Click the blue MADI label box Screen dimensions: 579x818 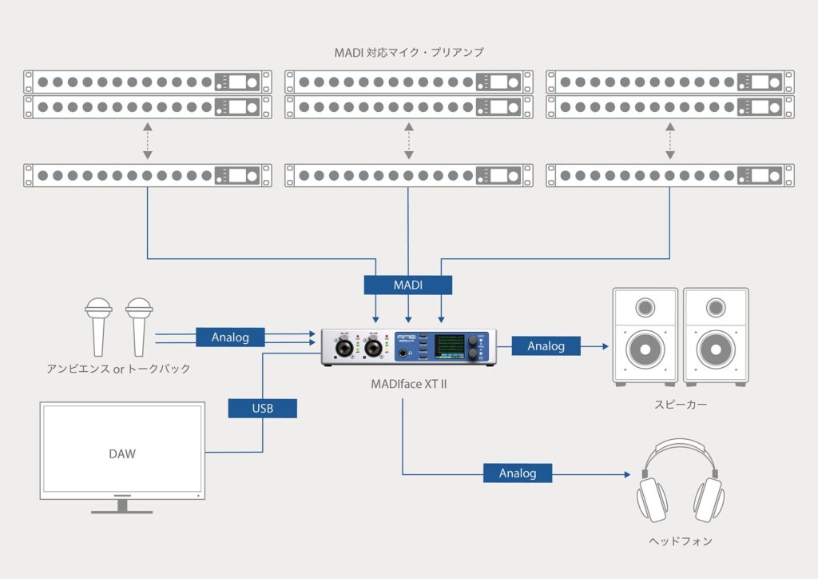(x=408, y=285)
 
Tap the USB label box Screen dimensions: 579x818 (x=262, y=409)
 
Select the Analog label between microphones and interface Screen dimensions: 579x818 (x=230, y=337)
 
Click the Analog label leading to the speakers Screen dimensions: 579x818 (x=546, y=346)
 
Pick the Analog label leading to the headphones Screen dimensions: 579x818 (x=518, y=473)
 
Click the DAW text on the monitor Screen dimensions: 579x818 (x=122, y=453)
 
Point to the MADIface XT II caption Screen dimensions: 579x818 (x=408, y=385)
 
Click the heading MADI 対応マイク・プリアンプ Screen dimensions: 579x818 (x=408, y=53)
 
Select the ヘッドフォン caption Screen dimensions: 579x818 (x=680, y=541)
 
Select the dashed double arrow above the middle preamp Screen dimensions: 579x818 (x=408, y=142)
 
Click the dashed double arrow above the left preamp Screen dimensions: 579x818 (x=147, y=142)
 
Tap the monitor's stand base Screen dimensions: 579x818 (x=122, y=509)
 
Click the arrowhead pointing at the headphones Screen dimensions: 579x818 (x=625, y=474)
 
